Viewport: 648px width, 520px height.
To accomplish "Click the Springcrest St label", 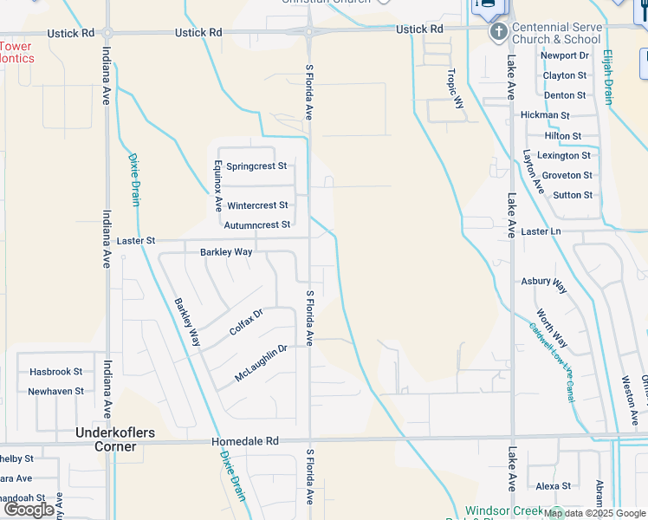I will [256, 166].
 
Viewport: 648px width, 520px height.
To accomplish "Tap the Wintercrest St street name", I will [257, 205].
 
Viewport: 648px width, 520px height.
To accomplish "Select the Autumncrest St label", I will [257, 225].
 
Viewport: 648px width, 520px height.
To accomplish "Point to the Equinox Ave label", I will [218, 186].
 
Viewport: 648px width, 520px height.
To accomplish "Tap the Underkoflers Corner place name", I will [107, 439].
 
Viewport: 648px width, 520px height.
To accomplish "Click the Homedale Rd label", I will [247, 441].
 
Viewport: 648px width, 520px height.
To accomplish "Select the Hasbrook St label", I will [55, 371].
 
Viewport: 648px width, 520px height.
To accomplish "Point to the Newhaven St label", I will [55, 391].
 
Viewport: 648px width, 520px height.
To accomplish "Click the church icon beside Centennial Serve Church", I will [498, 33].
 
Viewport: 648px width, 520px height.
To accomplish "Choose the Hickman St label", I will [545, 115].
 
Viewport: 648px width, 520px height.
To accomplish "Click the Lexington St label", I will [563, 155].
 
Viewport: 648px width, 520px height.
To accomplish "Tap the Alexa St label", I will [554, 486].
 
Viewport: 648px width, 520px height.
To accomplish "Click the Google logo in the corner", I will [29, 509].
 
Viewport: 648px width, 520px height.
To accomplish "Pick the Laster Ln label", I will [541, 231].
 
